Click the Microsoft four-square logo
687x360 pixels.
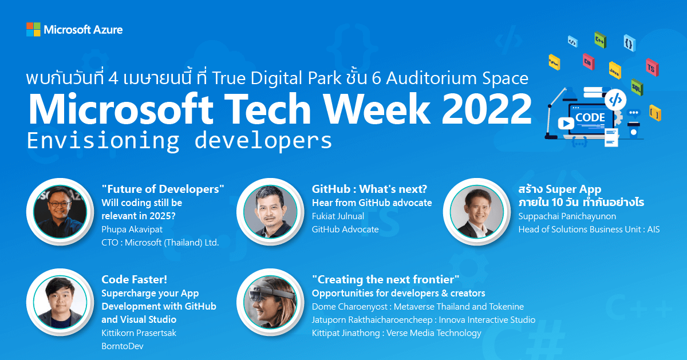click(33, 29)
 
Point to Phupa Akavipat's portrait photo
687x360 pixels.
click(60, 212)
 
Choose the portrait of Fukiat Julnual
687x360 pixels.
click(270, 212)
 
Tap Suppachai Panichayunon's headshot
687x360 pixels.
click(476, 212)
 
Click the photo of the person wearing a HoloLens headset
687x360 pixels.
click(270, 302)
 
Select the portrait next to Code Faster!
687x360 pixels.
click(60, 302)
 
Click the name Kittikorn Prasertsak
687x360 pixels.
click(139, 333)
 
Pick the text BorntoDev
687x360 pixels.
click(123, 346)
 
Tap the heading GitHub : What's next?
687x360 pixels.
click(369, 189)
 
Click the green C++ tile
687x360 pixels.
click(600, 40)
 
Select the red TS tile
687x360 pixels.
click(652, 68)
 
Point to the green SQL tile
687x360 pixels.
click(637, 88)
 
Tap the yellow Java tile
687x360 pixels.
click(615, 70)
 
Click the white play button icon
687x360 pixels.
click(566, 124)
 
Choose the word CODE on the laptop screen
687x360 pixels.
click(590, 117)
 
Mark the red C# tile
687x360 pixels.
click(589, 62)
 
